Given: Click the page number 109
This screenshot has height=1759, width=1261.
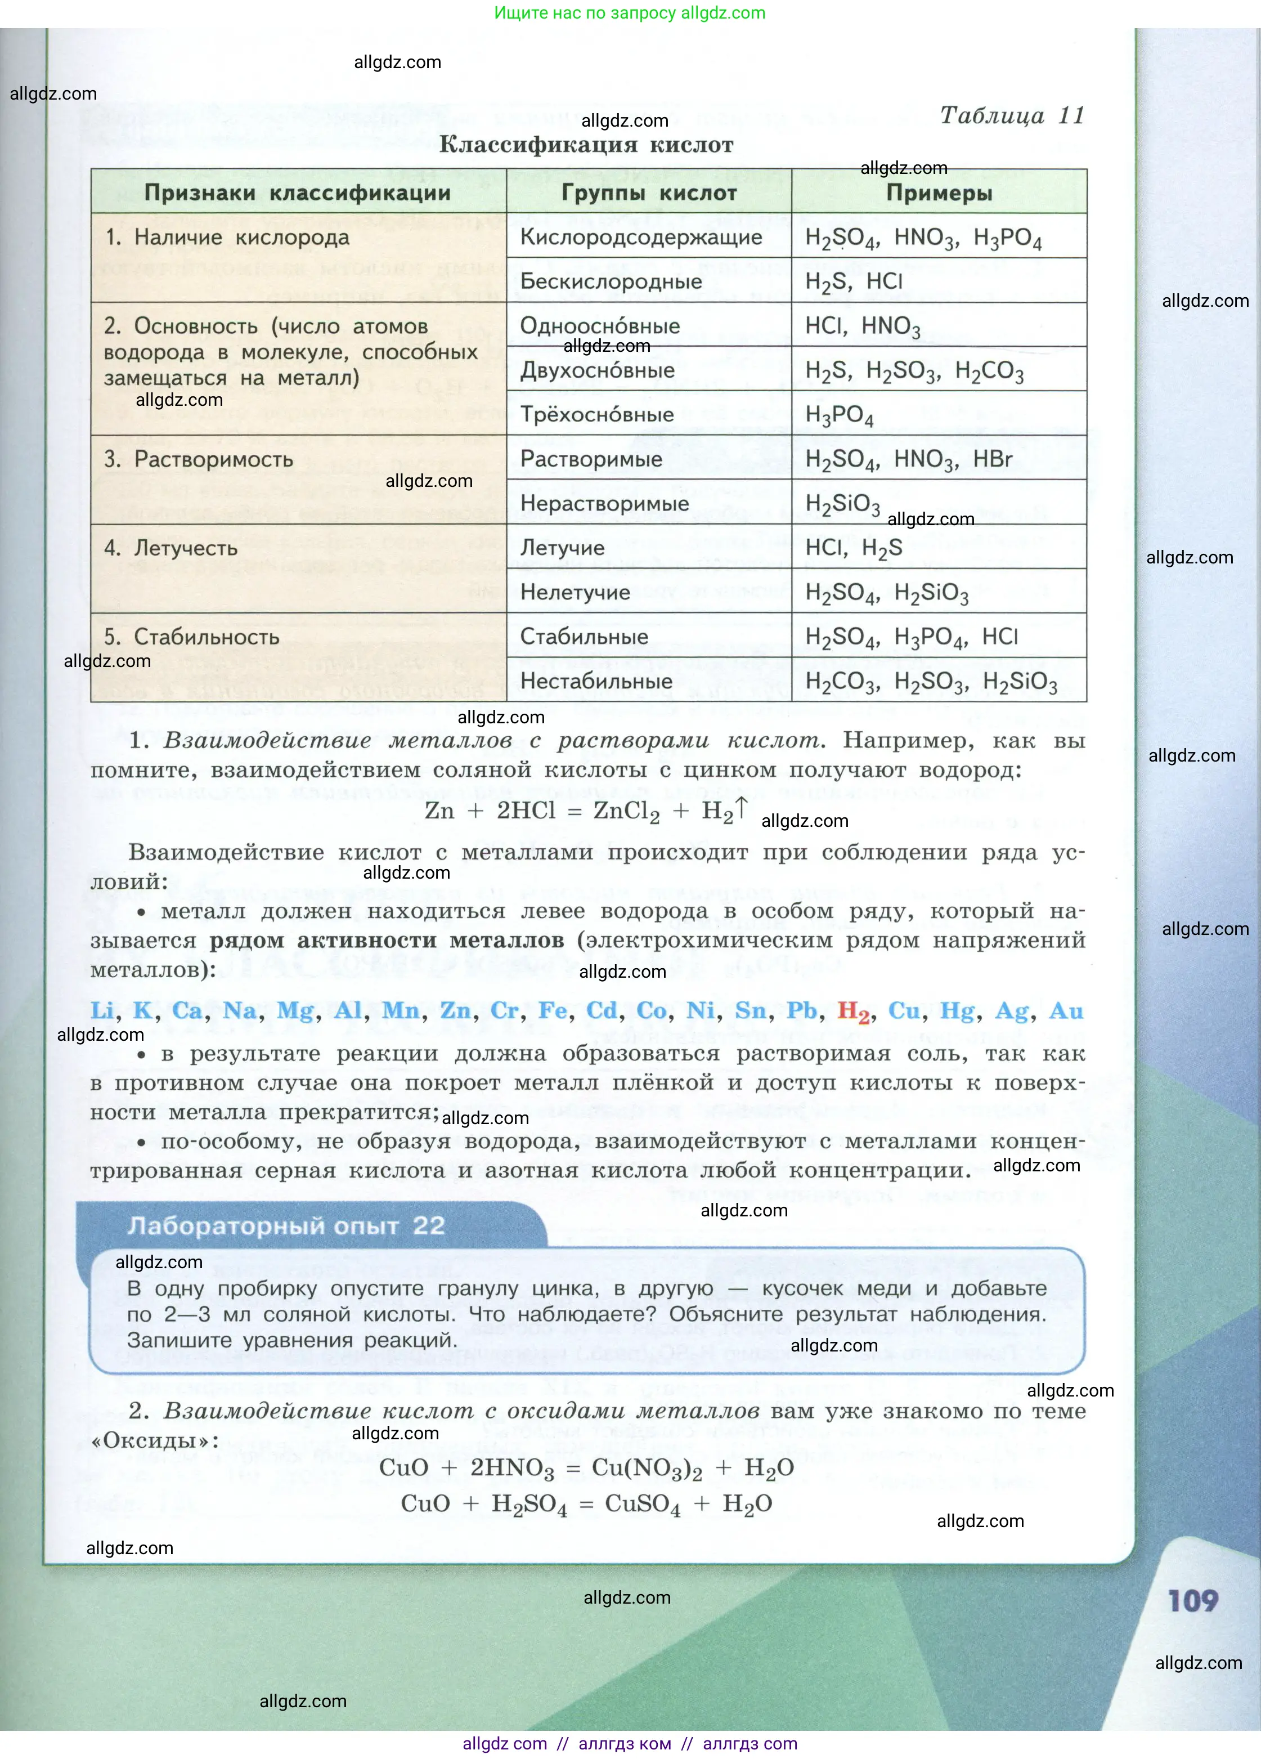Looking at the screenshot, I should [x=1193, y=1600].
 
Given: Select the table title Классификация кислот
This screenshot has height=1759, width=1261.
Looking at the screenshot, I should [x=586, y=145].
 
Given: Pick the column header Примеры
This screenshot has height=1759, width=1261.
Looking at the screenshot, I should [x=939, y=193].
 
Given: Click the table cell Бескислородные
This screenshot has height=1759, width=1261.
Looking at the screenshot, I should [x=611, y=281].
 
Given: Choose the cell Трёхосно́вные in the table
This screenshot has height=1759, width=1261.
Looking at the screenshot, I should [x=597, y=414].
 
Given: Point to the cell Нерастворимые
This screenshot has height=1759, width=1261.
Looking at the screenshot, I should [x=604, y=503].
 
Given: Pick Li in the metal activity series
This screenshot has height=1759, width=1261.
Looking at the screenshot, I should [x=102, y=1010].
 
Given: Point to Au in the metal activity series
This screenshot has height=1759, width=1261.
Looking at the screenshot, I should [x=1066, y=1010].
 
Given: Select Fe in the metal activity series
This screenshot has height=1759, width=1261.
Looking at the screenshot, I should [x=552, y=1010].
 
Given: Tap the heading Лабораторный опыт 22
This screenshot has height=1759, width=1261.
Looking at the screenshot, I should [x=286, y=1225].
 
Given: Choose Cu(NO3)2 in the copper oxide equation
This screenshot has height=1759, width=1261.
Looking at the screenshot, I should [x=647, y=1467].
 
